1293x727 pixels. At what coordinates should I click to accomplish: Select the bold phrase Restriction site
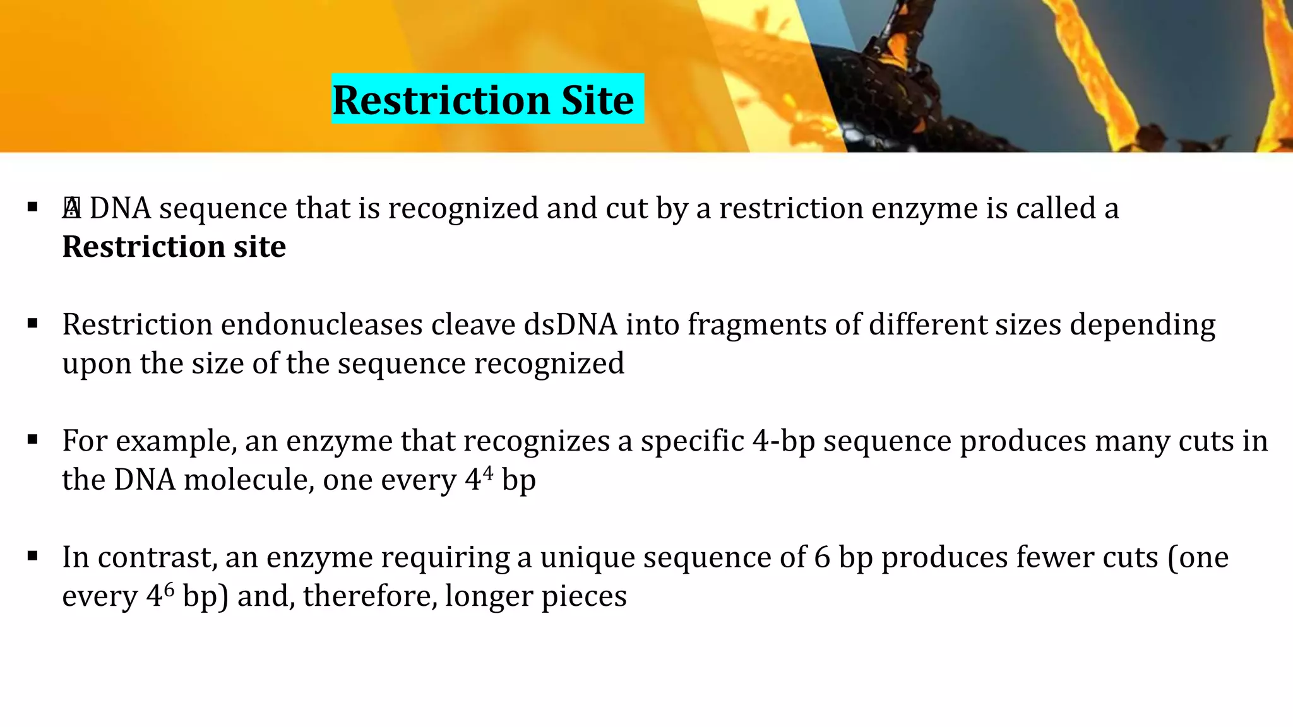pos(174,247)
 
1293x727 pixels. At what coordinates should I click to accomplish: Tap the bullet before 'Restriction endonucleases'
pos(33,324)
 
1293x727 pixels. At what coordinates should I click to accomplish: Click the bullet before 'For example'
pos(33,440)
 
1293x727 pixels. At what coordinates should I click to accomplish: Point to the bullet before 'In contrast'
pos(33,557)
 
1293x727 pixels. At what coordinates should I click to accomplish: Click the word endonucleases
pos(322,325)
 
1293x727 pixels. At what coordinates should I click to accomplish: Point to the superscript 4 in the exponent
pos(487,472)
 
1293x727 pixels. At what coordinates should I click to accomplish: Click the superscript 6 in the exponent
pos(169,588)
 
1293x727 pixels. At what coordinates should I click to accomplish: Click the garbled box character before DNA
pos(71,208)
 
